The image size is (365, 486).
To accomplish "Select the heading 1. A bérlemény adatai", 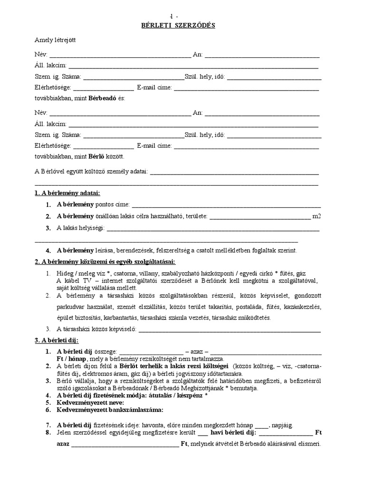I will tap(67, 193).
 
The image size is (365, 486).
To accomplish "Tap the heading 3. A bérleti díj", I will tap(57, 341).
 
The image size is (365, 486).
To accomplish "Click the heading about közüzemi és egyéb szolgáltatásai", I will tap(105, 262).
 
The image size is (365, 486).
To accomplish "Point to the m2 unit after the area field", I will tap(317, 216).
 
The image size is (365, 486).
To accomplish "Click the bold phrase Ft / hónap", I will tap(71, 359).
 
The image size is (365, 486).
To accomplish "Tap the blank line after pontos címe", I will tap(226, 205).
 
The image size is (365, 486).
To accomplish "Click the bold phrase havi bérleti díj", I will tap(233, 433).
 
